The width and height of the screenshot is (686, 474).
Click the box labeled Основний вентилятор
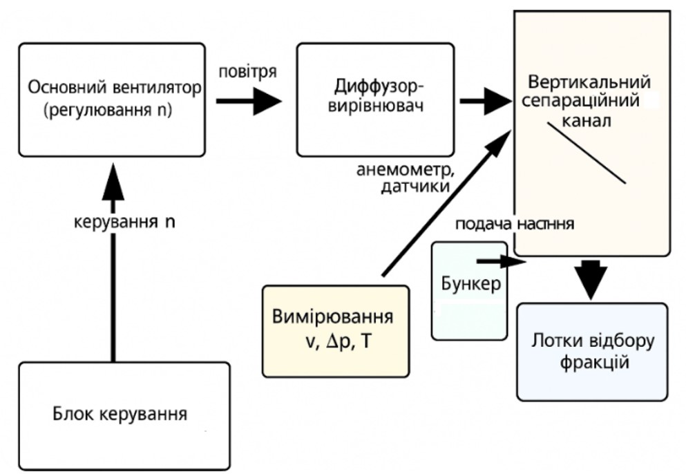tap(113, 99)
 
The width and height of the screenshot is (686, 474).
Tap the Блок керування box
tap(124, 415)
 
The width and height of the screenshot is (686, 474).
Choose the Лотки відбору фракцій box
tap(592, 352)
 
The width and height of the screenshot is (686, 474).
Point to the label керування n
tap(124, 225)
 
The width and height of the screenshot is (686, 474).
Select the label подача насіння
tap(514, 225)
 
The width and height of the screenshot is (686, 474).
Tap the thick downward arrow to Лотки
tap(593, 276)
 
